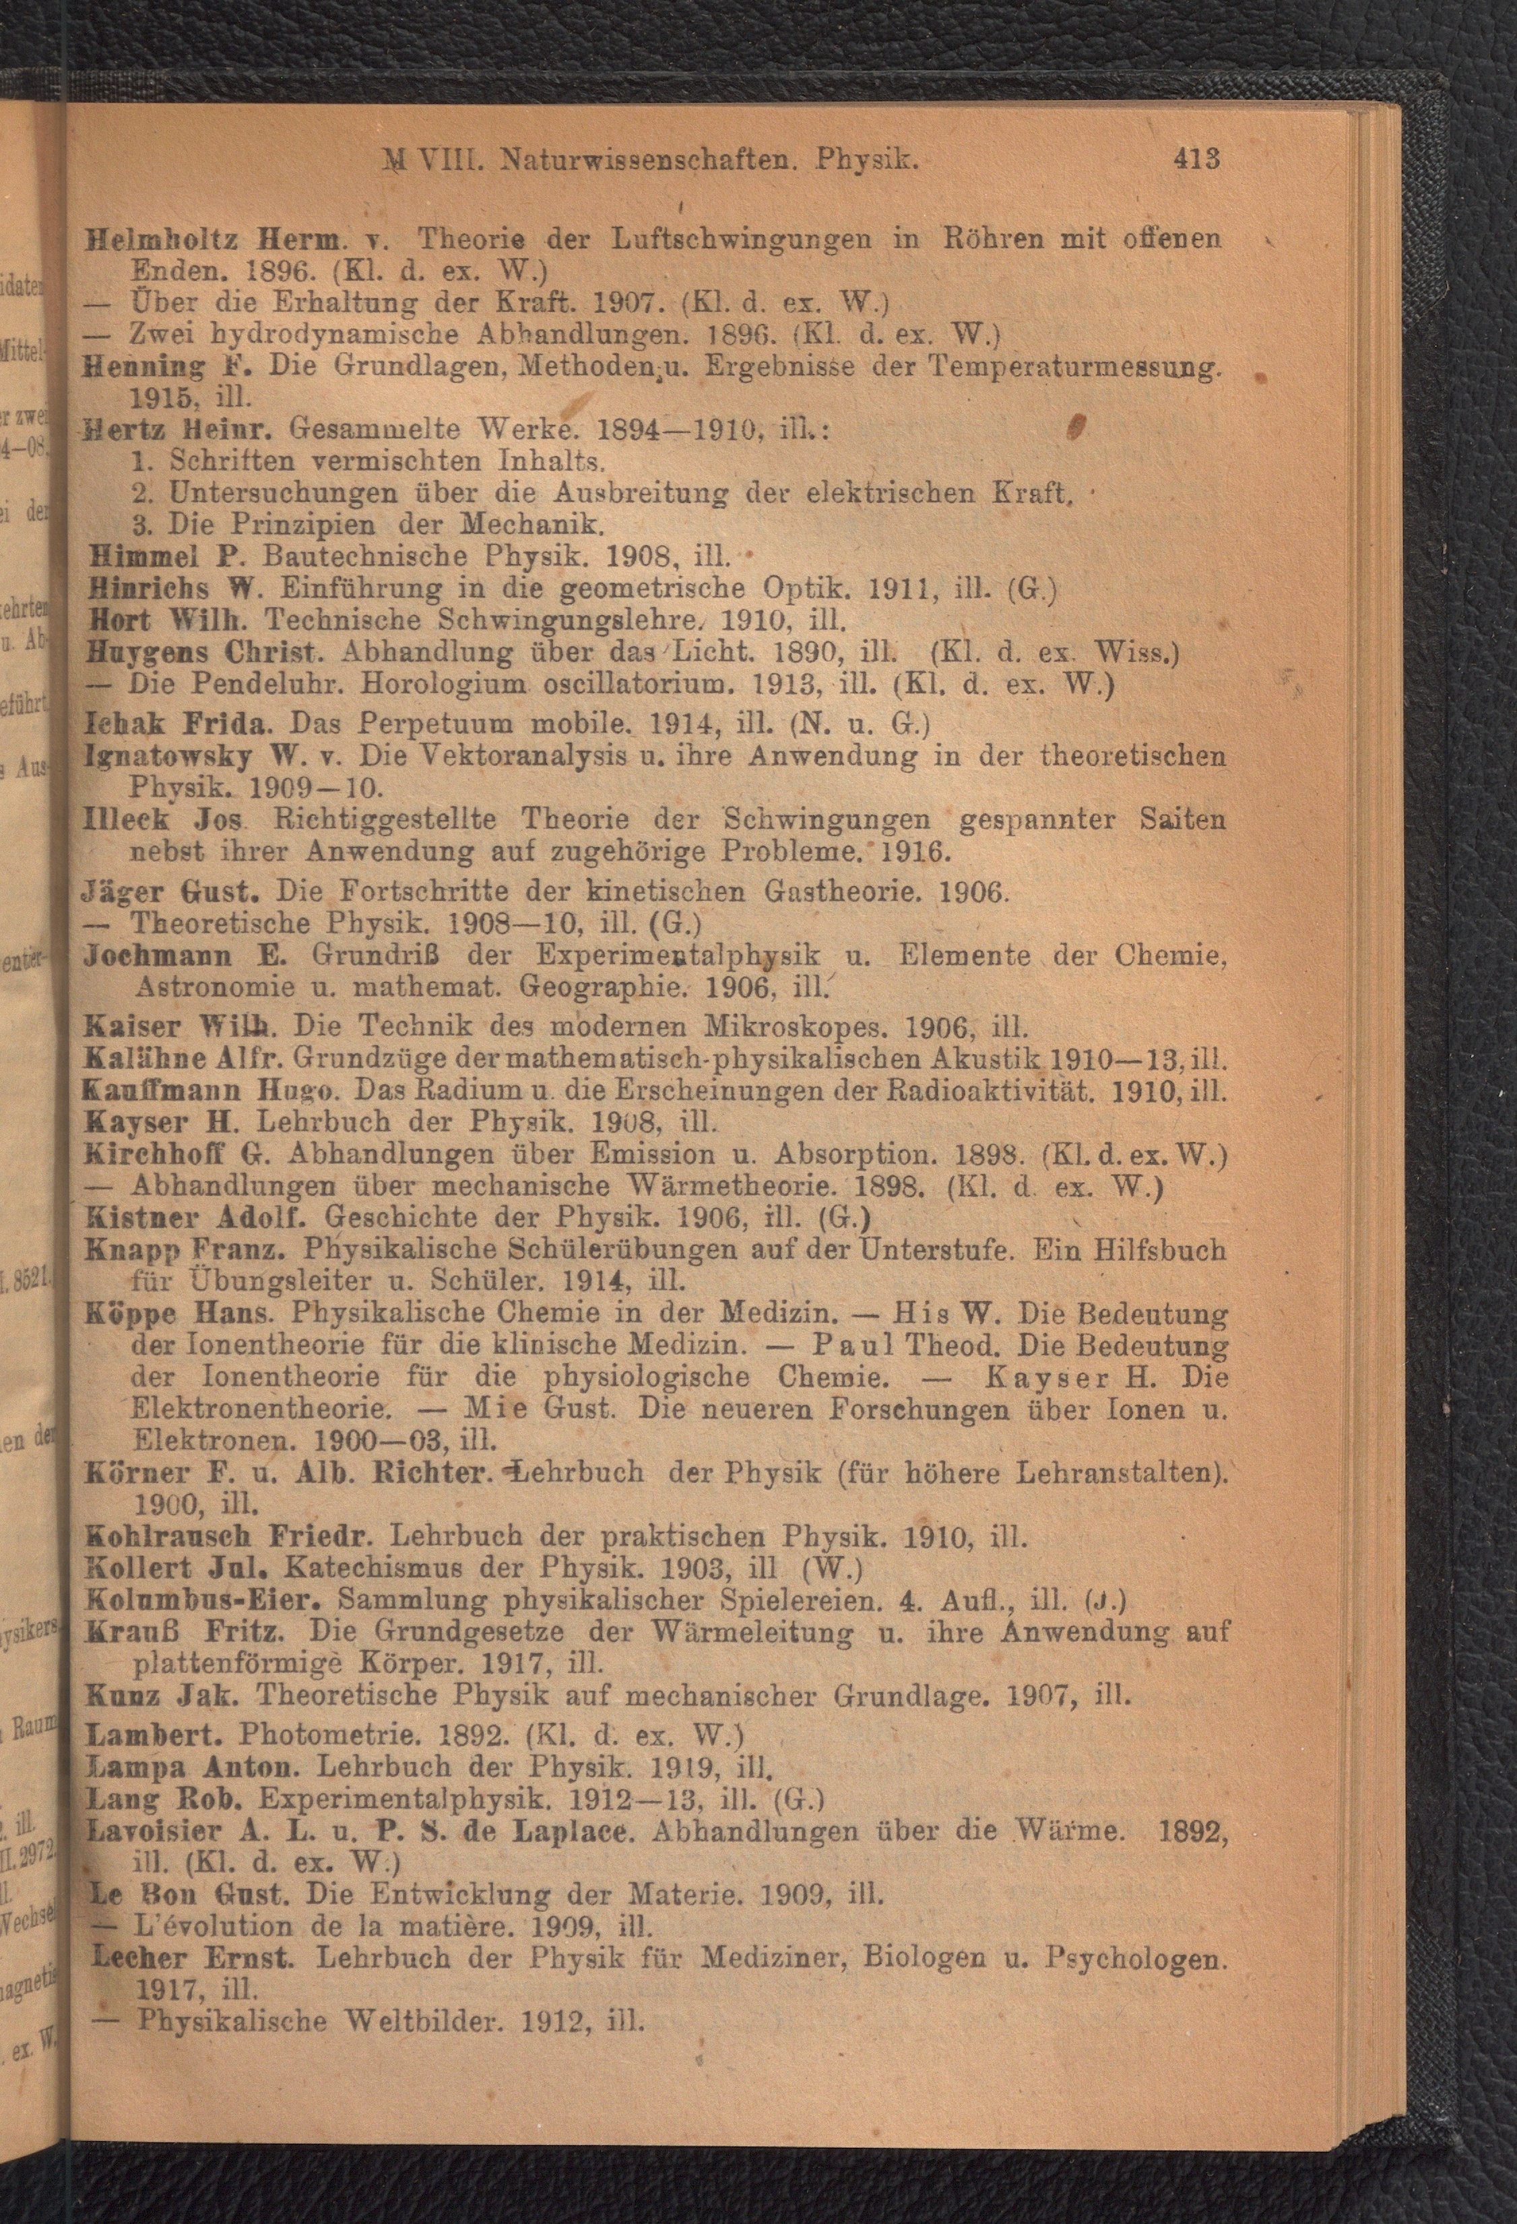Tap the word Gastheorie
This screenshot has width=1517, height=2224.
[x=845, y=892]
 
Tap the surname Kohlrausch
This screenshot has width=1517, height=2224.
[x=166, y=1536]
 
